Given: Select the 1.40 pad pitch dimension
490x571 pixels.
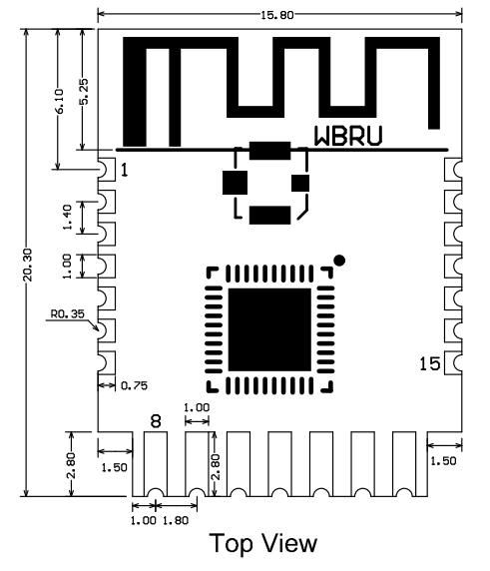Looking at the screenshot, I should point(67,219).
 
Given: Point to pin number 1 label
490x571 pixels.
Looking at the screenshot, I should point(125,172).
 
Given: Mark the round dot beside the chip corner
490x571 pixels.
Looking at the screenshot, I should point(341,261).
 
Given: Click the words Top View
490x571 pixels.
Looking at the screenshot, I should point(263,544).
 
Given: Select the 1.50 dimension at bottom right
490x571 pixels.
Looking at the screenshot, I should point(442,460).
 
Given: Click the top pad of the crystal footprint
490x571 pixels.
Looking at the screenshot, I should point(269,152).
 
